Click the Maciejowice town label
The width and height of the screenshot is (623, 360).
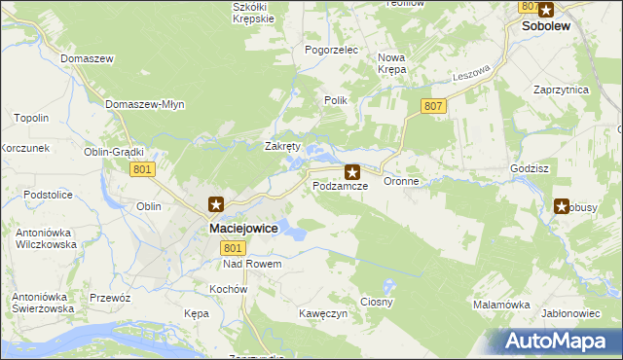(243, 228)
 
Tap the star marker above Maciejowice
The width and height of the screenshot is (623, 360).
(217, 205)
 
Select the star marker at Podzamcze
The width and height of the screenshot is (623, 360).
(352, 171)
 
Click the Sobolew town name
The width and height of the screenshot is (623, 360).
(546, 27)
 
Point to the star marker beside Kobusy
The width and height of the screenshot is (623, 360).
(563, 205)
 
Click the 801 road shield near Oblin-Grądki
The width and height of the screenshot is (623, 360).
(142, 169)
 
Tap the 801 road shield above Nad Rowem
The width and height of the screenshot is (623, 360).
(226, 248)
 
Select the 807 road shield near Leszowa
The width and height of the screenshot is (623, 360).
(434, 105)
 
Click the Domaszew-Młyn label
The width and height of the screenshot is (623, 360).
(144, 103)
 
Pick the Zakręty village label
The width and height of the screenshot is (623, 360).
(283, 146)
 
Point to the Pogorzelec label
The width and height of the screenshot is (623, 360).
(332, 49)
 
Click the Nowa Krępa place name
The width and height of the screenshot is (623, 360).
(392, 63)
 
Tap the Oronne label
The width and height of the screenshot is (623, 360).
(401, 181)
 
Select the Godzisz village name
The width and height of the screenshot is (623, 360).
(530, 167)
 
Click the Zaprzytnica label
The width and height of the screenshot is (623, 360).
(562, 89)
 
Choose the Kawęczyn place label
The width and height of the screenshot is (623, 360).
(324, 313)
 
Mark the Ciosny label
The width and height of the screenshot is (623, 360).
(377, 302)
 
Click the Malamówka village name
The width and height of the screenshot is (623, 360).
(501, 304)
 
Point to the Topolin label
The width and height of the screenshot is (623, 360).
(31, 118)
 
